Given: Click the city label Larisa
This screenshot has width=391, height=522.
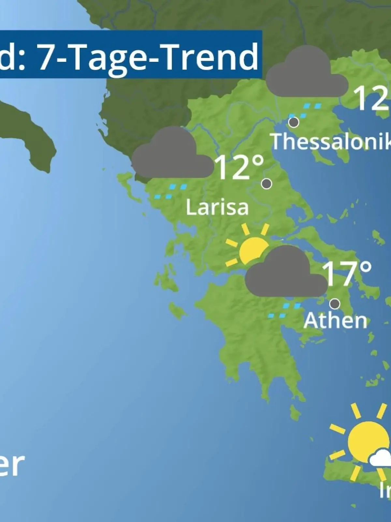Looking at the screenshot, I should pyautogui.click(x=217, y=207).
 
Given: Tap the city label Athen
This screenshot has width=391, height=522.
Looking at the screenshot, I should pyautogui.click(x=335, y=320).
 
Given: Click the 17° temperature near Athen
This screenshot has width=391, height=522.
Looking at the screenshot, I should pyautogui.click(x=347, y=273).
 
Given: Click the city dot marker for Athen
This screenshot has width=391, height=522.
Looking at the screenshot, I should pyautogui.click(x=335, y=304).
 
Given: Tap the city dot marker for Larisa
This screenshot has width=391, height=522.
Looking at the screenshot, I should pyautogui.click(x=267, y=184).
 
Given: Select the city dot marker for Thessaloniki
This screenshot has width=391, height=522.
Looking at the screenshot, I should pyautogui.click(x=294, y=122).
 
